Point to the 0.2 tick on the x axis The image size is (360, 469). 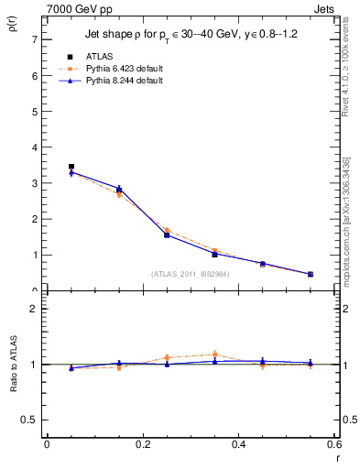click(143, 444)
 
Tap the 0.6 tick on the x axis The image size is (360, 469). click(335, 444)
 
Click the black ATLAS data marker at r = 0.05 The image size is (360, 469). click(71, 167)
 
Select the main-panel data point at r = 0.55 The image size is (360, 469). click(311, 274)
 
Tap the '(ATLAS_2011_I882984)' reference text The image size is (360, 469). click(190, 274)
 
